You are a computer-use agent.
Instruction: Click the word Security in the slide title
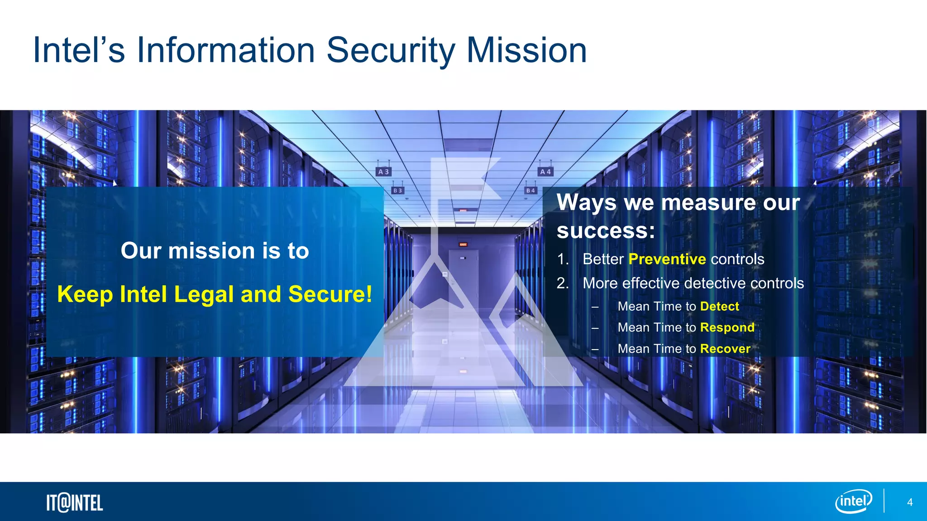pos(390,51)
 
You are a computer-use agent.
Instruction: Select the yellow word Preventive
pos(667,259)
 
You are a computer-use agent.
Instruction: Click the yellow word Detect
pos(719,307)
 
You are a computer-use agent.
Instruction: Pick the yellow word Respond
pos(727,327)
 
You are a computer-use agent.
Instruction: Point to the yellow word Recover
pos(725,349)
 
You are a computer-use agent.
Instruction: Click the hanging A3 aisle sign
pos(383,172)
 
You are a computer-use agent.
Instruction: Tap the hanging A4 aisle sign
pos(545,172)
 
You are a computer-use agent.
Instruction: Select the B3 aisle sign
pos(397,191)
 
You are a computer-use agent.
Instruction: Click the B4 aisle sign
pos(530,191)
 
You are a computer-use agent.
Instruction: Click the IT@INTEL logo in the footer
pos(75,503)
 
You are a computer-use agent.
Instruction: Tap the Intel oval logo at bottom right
pos(853,502)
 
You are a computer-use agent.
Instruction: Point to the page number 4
pos(910,502)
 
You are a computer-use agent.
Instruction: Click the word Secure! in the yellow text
pos(330,294)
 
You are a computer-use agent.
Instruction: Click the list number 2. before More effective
pos(563,283)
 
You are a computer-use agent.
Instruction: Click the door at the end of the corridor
pos(463,276)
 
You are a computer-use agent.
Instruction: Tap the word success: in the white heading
pos(605,231)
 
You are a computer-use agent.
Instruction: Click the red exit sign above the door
pos(463,245)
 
